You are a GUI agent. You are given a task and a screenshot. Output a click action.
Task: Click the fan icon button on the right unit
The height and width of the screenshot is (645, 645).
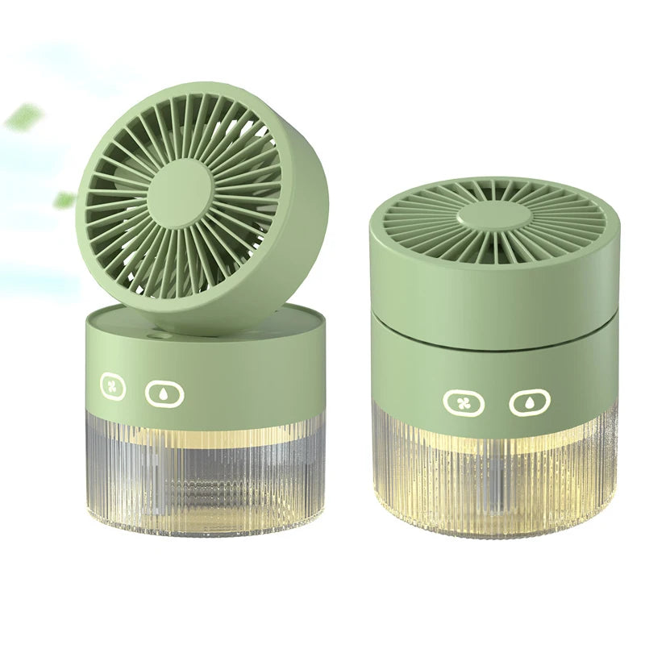pyautogui.click(x=464, y=402)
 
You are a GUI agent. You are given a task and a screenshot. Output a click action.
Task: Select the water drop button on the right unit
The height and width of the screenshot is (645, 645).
pyautogui.click(x=528, y=402)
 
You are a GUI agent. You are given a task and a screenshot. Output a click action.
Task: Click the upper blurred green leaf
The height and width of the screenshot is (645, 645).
pyautogui.click(x=24, y=117)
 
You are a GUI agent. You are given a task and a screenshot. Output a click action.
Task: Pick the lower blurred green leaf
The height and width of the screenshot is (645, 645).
pyautogui.click(x=64, y=199)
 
